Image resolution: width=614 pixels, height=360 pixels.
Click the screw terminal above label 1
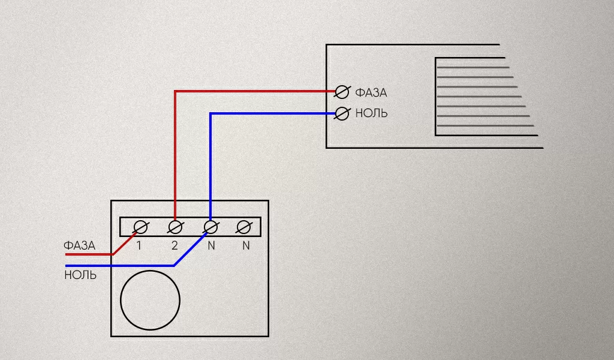(x=140, y=227)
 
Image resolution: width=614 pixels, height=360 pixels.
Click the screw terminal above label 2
(x=175, y=227)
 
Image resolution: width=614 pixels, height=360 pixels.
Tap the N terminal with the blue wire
(x=210, y=227)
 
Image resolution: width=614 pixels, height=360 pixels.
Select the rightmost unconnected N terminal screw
(x=243, y=227)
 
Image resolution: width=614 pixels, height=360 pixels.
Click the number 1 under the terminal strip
(x=139, y=245)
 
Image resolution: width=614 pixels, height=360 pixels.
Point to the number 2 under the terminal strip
(x=174, y=245)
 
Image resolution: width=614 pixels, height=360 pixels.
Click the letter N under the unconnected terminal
(x=246, y=245)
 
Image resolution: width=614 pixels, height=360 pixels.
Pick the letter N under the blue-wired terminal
(x=210, y=245)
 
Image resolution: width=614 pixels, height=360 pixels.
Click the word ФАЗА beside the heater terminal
(x=371, y=93)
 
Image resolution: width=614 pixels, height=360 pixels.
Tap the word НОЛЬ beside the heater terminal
(x=371, y=113)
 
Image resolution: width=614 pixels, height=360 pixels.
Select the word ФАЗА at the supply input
(x=79, y=245)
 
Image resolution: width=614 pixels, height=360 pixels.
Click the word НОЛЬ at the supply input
(x=80, y=275)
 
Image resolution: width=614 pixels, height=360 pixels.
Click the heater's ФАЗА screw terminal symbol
(x=342, y=92)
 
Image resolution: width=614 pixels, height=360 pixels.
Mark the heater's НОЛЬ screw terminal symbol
(x=342, y=113)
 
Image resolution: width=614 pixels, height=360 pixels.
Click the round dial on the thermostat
(x=150, y=300)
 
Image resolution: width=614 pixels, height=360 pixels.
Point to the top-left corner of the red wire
(x=175, y=92)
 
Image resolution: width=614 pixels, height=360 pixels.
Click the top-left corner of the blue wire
(x=210, y=113)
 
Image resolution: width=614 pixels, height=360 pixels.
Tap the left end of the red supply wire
(x=67, y=254)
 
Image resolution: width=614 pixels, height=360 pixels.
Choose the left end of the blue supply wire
(x=67, y=265)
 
